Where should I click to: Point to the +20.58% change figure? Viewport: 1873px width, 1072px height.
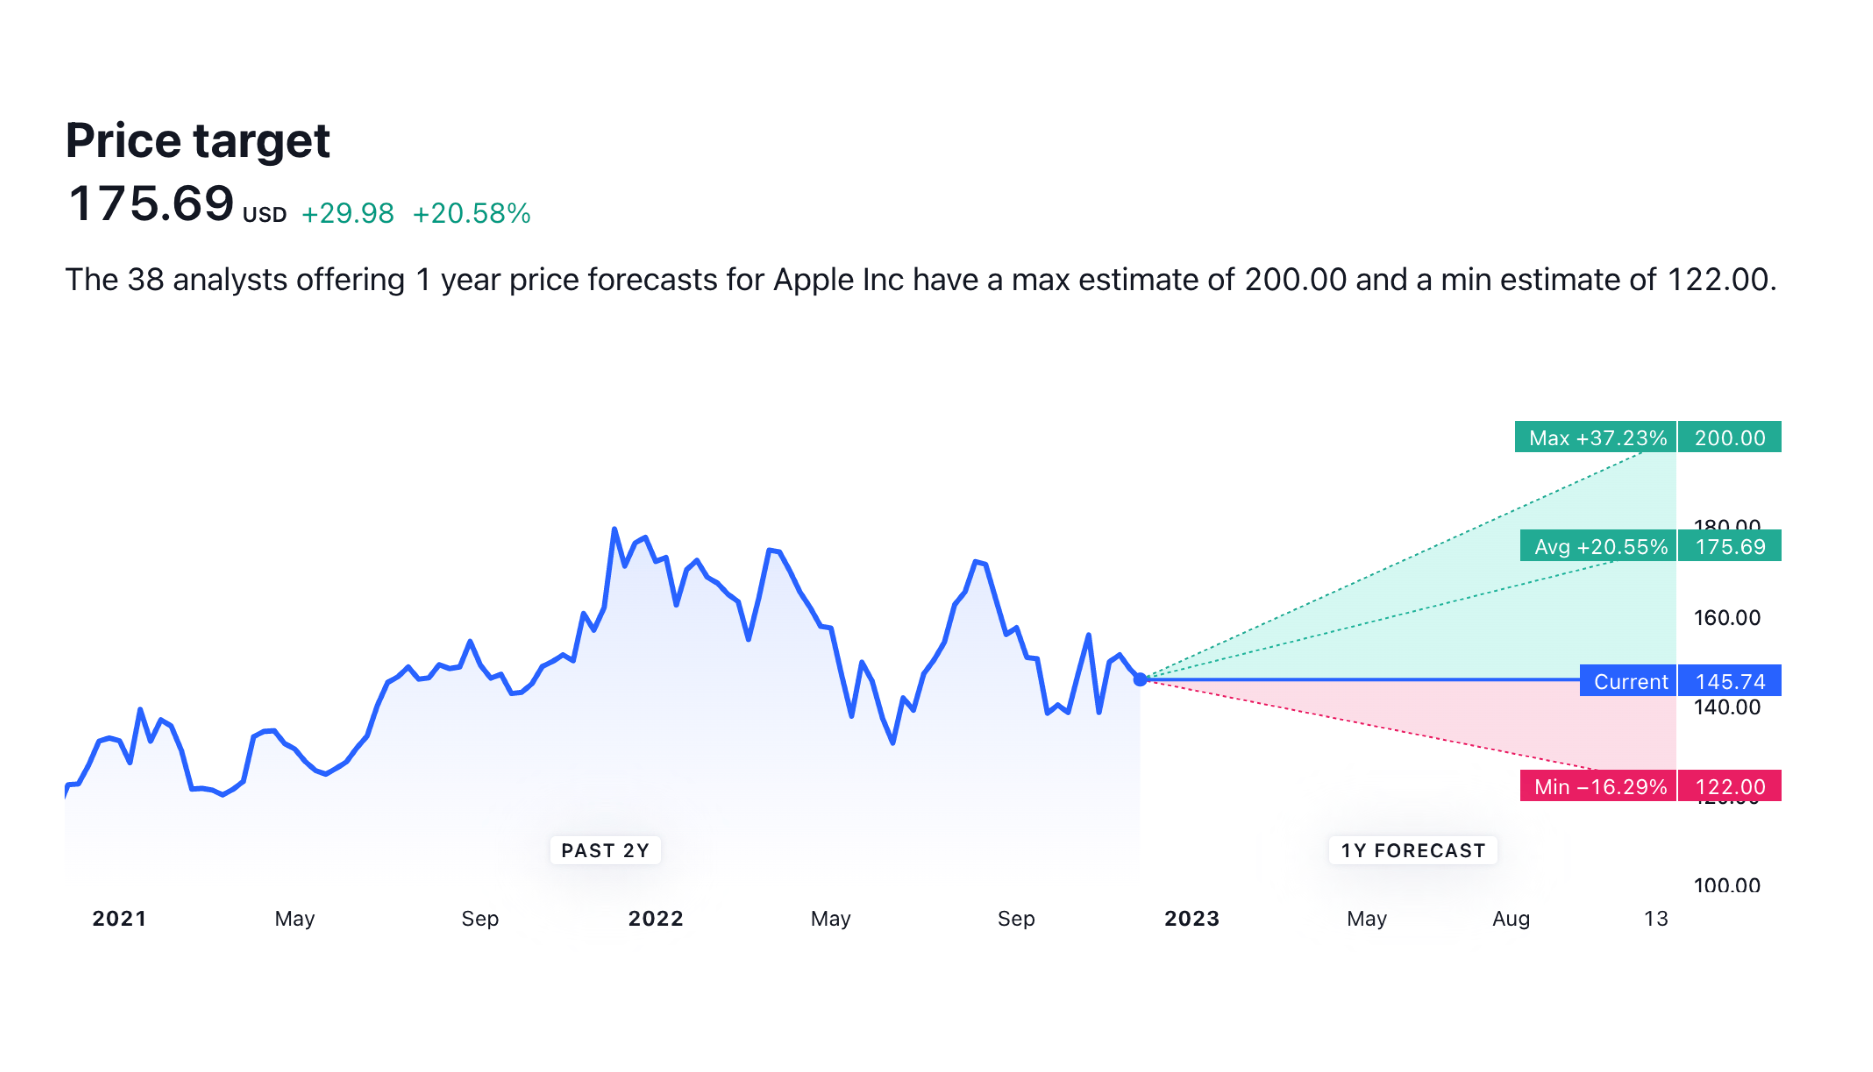[x=471, y=213]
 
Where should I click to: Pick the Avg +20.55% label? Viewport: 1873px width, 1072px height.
[x=1600, y=547]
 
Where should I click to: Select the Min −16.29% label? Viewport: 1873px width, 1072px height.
[x=1600, y=786]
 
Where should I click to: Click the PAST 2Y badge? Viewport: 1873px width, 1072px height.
[x=605, y=850]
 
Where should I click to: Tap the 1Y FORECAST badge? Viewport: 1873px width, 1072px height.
[x=1412, y=850]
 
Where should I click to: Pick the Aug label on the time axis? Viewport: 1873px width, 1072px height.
[x=1510, y=918]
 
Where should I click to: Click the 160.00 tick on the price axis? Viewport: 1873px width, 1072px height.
[x=1727, y=617]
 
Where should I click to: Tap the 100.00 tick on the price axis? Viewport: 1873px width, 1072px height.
[x=1727, y=884]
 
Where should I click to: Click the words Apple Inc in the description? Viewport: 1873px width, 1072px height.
[x=837, y=280]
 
